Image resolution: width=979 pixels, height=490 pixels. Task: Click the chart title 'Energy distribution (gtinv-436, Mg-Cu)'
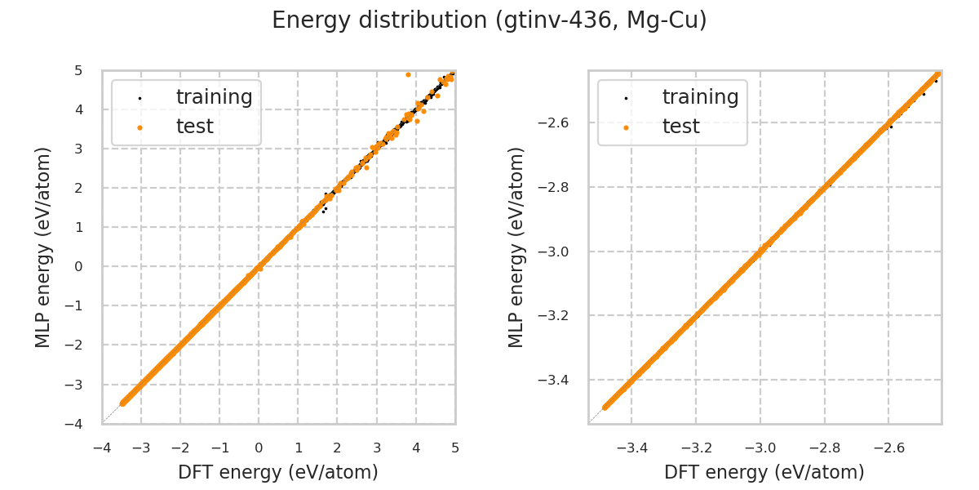[x=489, y=20]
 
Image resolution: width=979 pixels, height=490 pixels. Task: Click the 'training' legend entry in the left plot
[x=214, y=97]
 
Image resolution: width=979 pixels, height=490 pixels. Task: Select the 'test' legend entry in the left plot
[x=195, y=127]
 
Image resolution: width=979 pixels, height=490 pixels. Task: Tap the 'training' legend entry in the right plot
[x=700, y=97]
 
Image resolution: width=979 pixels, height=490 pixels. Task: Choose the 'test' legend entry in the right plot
[x=681, y=127]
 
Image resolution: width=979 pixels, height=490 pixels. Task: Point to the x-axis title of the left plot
[x=278, y=472]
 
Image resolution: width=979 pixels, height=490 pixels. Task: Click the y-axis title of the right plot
[x=517, y=247]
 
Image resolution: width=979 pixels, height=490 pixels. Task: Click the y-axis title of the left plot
[x=44, y=247]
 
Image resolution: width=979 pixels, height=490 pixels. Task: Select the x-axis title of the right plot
[x=764, y=472]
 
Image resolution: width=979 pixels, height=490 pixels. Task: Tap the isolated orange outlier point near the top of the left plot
[x=408, y=74]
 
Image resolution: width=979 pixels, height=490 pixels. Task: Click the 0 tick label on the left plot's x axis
[x=259, y=448]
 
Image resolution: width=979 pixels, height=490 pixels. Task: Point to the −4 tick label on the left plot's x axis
[x=102, y=448]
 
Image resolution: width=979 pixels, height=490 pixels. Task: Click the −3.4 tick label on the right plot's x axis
[x=631, y=448]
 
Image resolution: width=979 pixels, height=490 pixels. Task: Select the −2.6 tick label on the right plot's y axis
[x=557, y=122]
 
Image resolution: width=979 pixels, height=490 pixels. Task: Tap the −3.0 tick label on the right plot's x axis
[x=760, y=448]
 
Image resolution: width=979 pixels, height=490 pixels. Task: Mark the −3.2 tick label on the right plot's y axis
[x=557, y=315]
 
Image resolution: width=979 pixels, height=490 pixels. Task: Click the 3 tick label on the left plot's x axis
[x=376, y=448]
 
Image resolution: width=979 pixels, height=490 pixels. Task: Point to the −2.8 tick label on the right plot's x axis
[x=824, y=448]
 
